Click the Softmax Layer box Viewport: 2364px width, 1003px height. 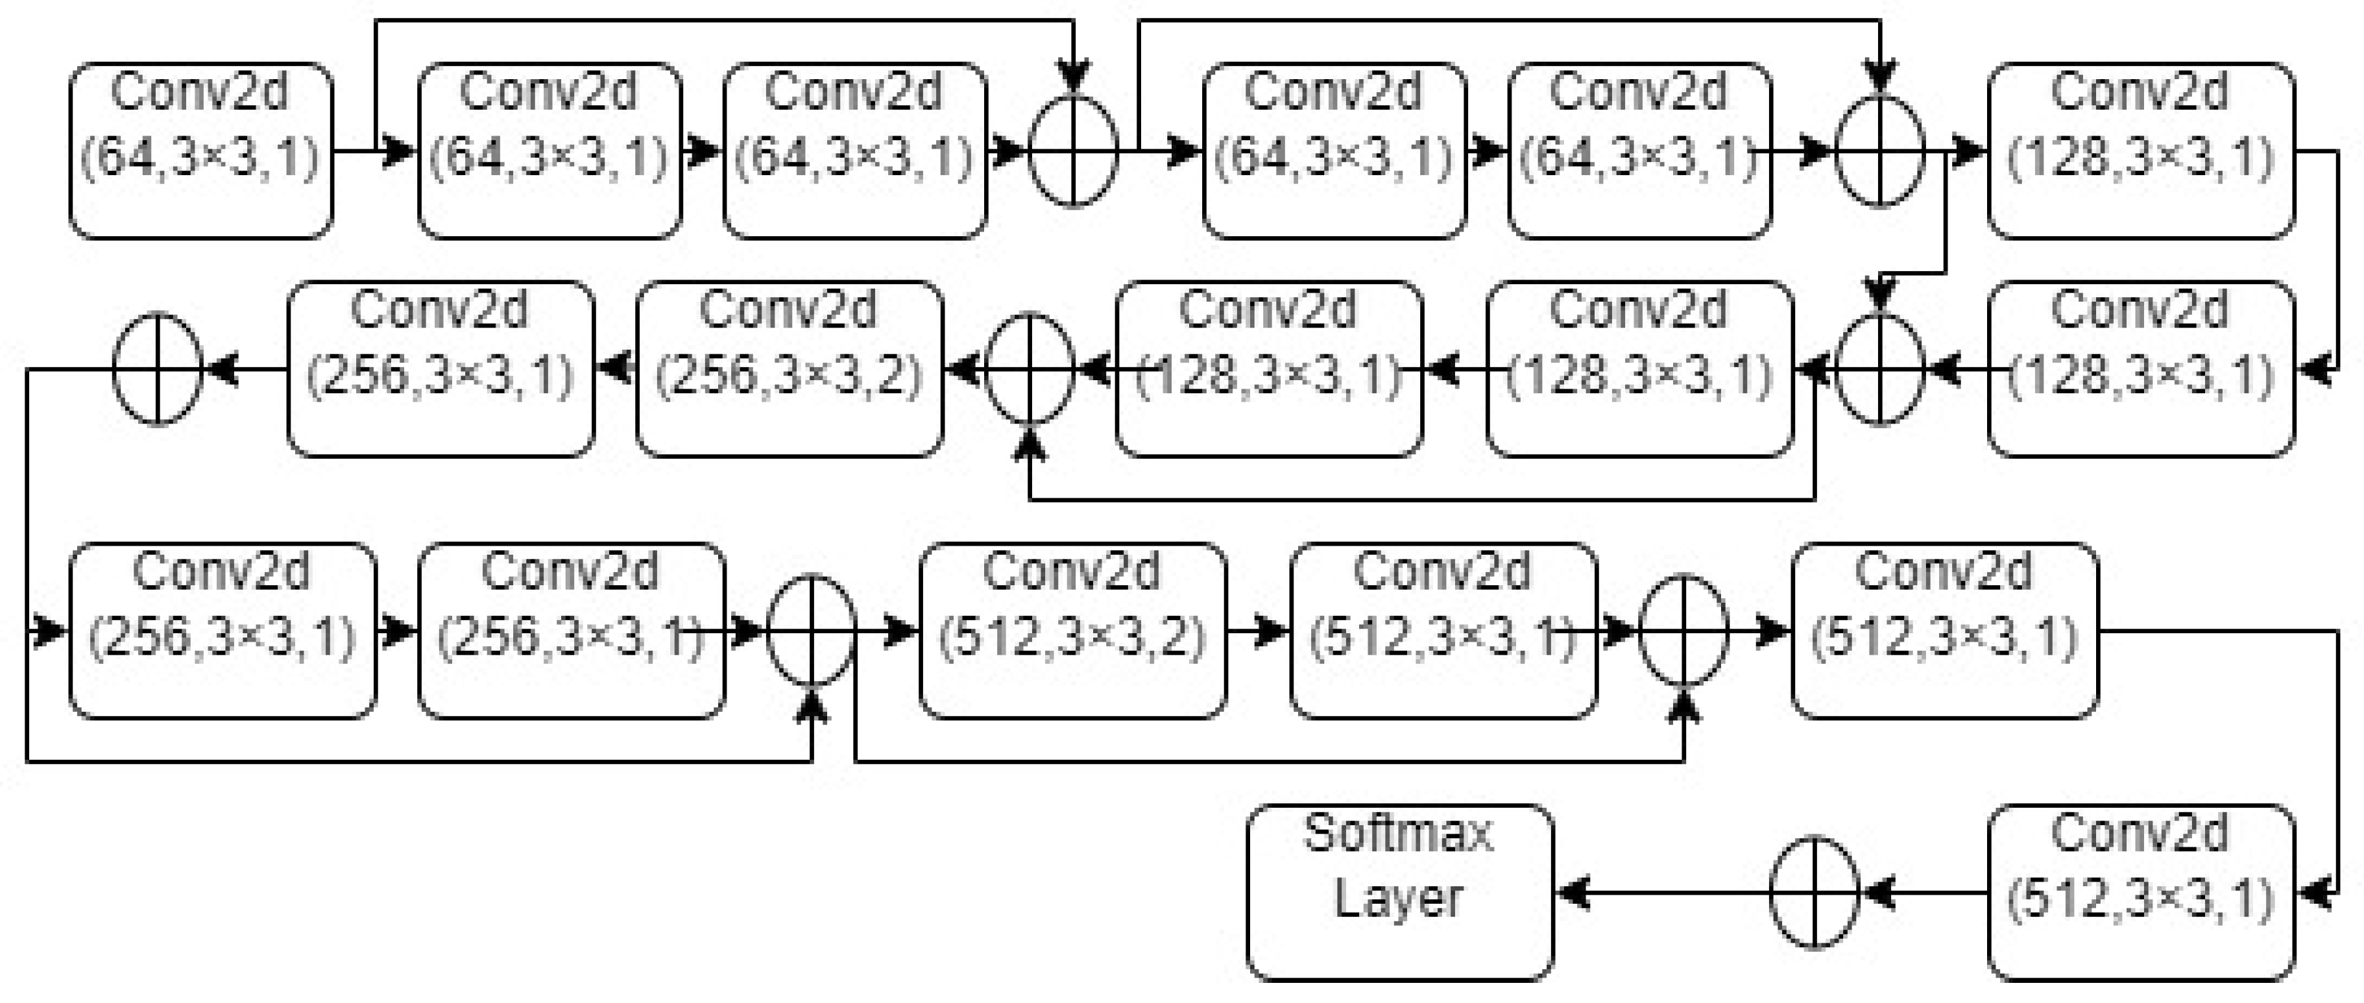pos(1399,892)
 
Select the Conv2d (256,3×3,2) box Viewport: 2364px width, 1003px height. pos(790,369)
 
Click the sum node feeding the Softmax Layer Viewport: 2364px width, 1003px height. pos(1815,892)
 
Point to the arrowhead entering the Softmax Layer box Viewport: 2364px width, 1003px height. pos(1572,892)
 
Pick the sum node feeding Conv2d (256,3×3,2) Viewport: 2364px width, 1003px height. pos(1030,369)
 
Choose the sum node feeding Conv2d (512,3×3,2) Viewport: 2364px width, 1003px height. pos(812,631)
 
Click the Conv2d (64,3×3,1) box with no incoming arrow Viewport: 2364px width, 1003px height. pos(201,151)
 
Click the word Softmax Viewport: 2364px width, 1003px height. pos(1399,833)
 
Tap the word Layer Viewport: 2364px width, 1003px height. pos(1399,897)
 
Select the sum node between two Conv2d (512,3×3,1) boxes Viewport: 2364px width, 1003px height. pos(1684,631)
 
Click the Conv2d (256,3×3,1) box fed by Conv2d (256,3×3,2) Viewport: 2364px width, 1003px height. pos(440,369)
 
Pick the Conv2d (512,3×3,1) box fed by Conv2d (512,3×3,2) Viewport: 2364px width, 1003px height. pos(1443,631)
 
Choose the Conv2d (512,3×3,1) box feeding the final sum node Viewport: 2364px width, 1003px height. pos(2141,892)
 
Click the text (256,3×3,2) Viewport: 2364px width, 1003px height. pos(790,374)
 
